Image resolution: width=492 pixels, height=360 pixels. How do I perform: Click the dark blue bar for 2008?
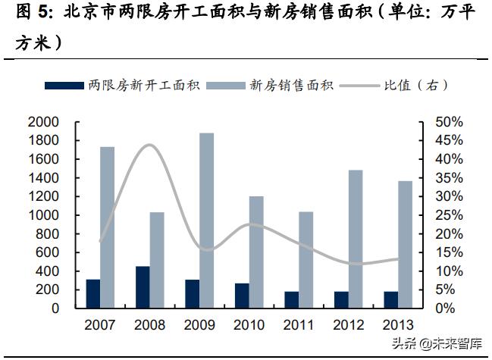point(143,287)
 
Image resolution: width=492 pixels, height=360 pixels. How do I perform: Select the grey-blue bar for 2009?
point(206,221)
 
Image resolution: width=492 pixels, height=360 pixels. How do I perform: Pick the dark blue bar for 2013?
point(390,299)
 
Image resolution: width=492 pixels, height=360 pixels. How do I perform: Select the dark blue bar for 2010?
point(242,296)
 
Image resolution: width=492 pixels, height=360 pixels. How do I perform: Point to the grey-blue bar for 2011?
point(306,260)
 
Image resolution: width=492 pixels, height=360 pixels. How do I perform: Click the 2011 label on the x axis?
point(299,325)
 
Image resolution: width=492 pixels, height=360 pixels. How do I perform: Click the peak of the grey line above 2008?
point(149,145)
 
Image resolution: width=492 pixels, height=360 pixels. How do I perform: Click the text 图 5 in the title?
point(34,14)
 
